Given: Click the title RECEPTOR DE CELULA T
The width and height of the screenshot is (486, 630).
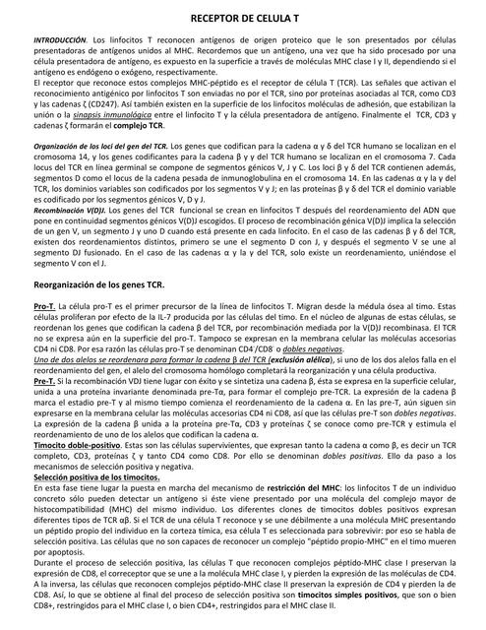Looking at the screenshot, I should pyautogui.click(x=245, y=19).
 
